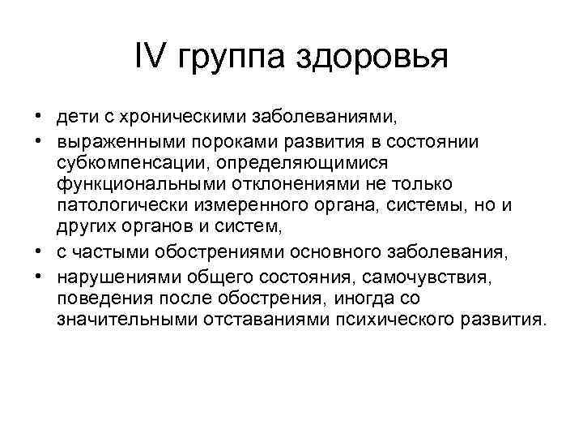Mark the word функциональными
[134, 184]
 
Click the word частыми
[109, 254]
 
